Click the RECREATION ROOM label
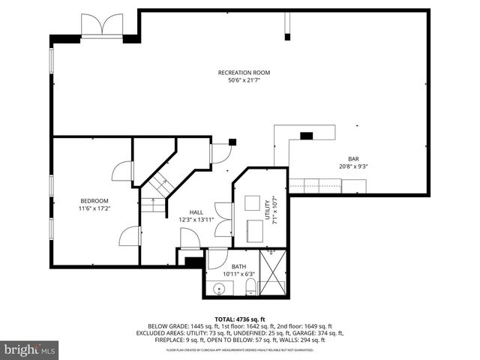coord(244,73)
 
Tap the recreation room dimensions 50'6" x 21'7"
coord(244,80)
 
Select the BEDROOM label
coord(94,200)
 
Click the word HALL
coord(196,212)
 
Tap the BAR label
coord(352,158)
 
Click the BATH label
coord(239,266)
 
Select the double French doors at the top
coord(102,27)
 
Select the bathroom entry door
coord(217,259)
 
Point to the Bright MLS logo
coord(30,349)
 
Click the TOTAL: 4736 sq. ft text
coord(239,319)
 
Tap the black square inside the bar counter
coord(306,136)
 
